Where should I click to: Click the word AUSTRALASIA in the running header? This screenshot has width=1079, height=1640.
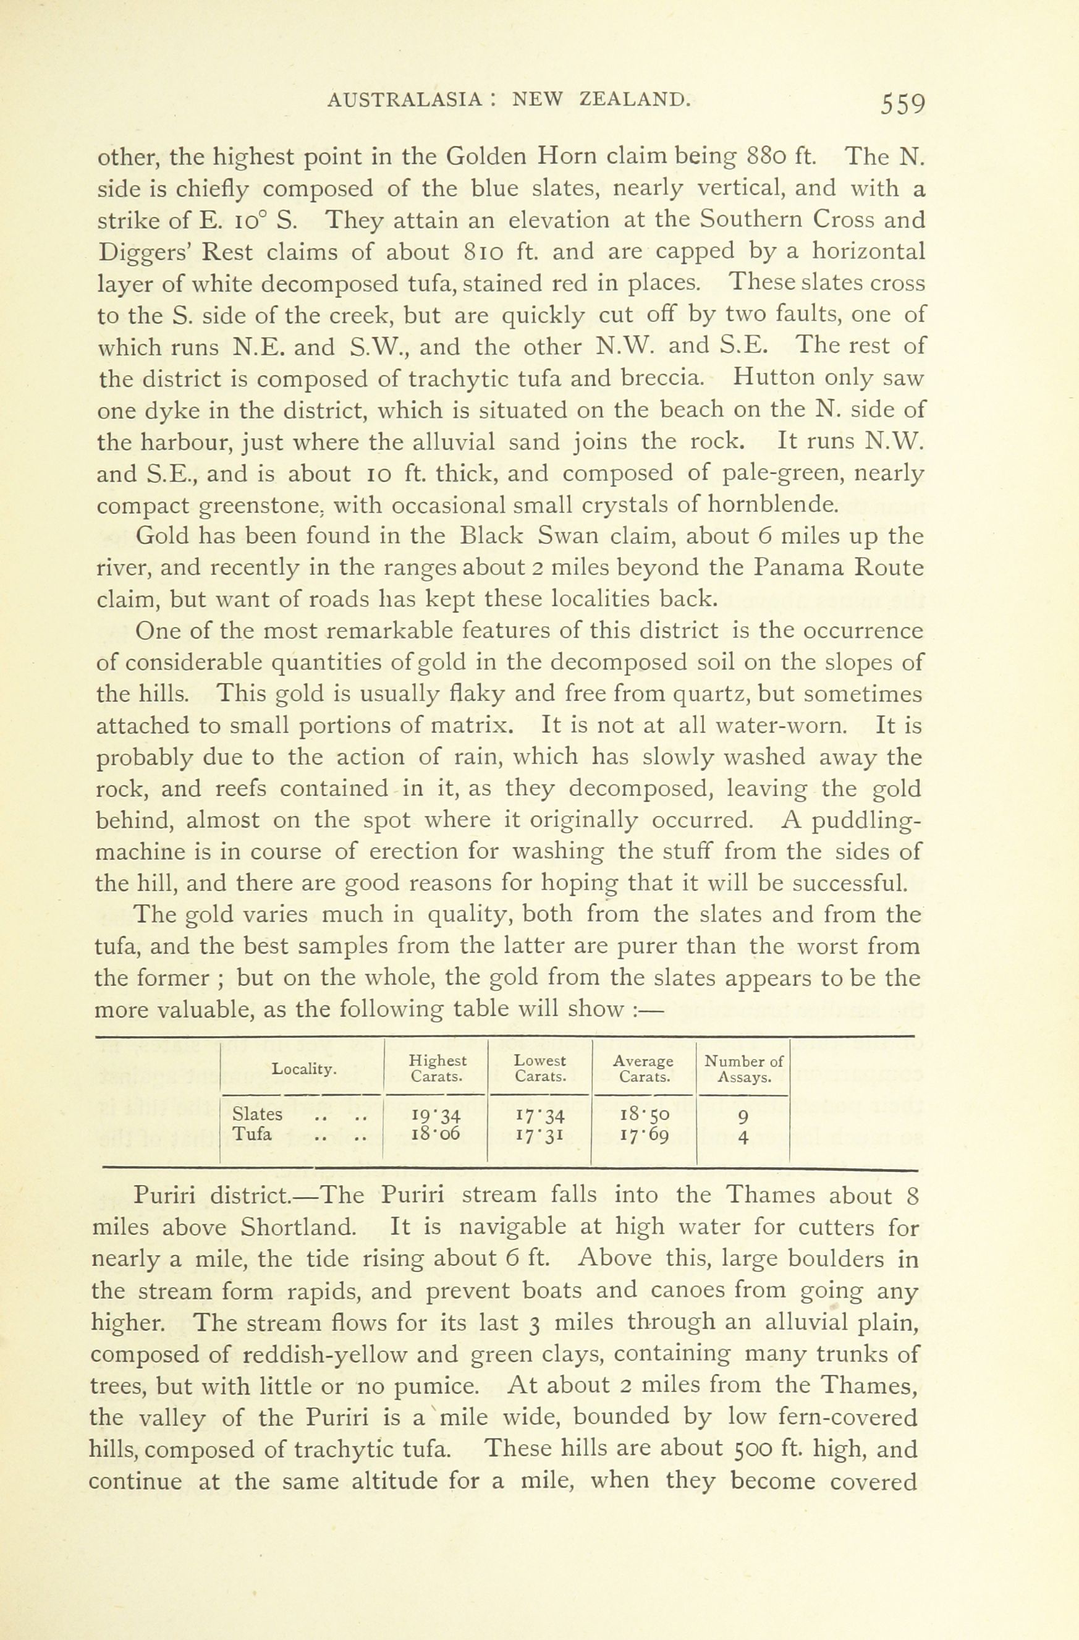pos(404,100)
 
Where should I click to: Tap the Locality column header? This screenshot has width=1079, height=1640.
pos(304,1069)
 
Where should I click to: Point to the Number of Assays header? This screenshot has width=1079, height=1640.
pos(743,1069)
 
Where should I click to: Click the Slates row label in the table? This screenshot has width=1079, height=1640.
pos(257,1113)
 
